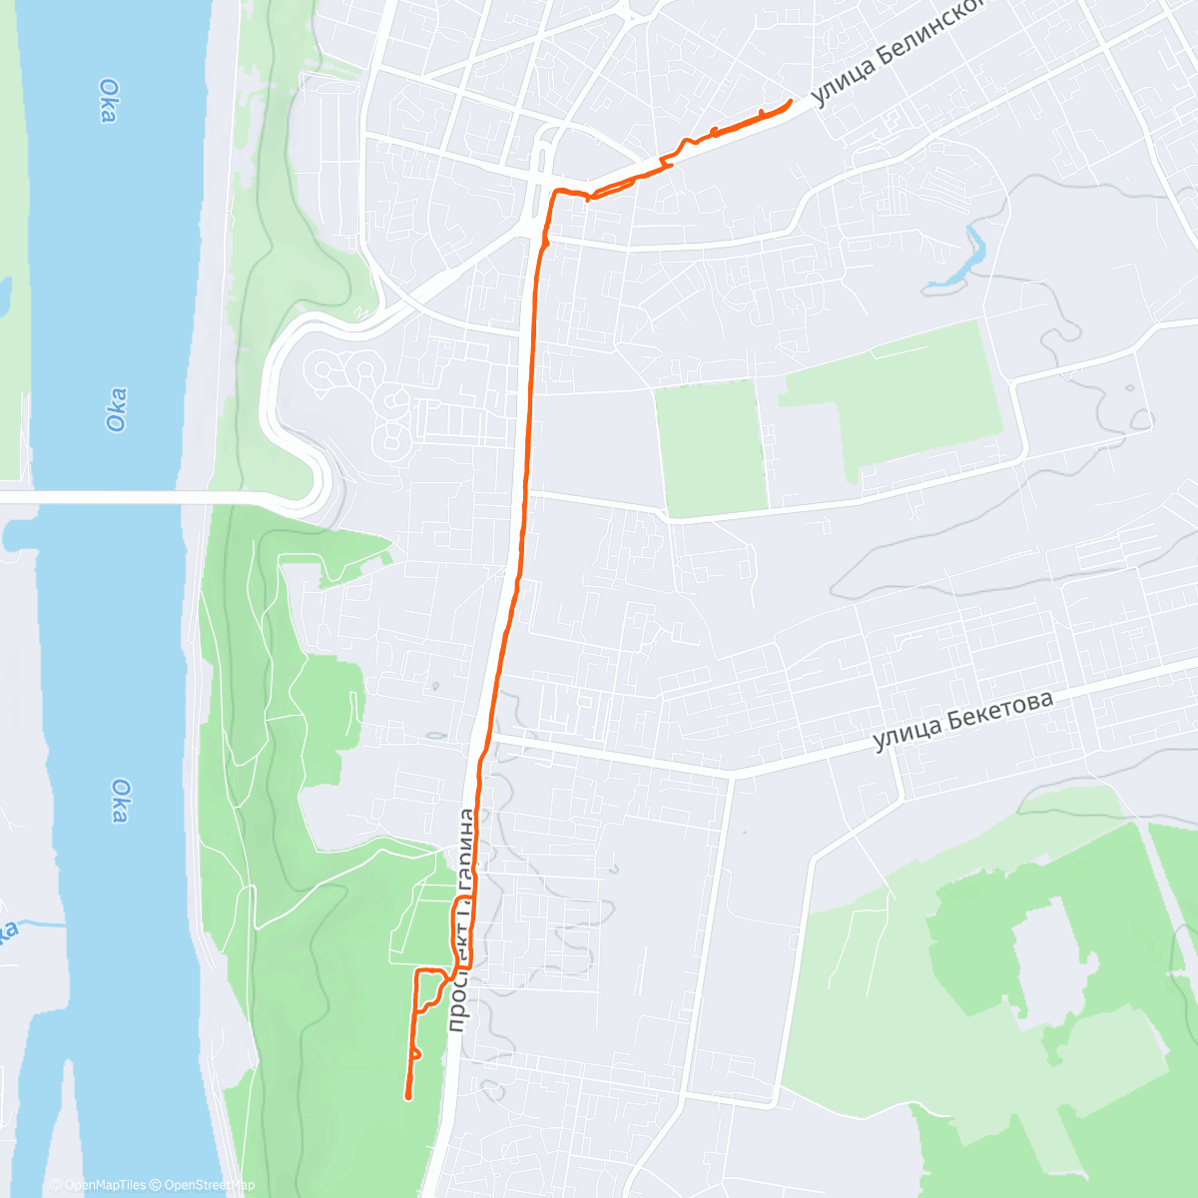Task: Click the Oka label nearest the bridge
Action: click(116, 409)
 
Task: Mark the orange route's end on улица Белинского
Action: click(791, 101)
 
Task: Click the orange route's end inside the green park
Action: click(408, 1097)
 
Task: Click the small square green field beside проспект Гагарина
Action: click(710, 448)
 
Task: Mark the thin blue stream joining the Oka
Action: click(40, 923)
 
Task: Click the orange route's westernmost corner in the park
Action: click(415, 971)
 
